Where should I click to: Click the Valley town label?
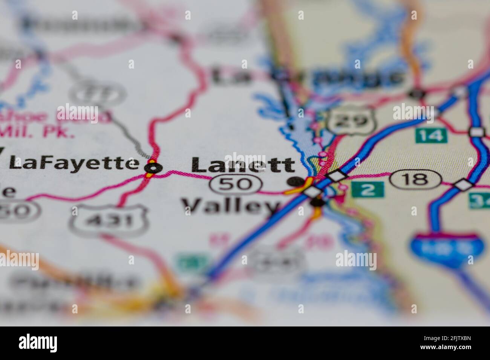(231, 206)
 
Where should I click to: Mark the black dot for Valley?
(317, 203)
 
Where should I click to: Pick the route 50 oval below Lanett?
(236, 184)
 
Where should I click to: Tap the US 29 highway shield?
(347, 120)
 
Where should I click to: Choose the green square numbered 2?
(367, 189)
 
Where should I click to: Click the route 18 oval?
(415, 179)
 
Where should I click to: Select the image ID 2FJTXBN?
(447, 339)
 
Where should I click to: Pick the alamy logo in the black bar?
(38, 343)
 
